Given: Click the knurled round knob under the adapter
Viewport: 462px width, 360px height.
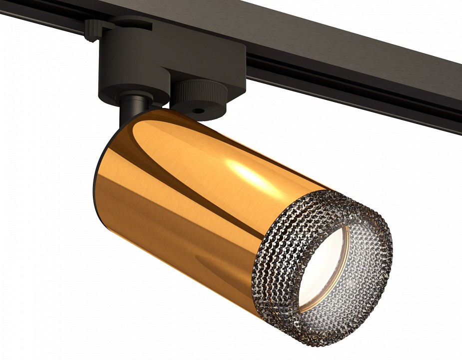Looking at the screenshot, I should (x=199, y=92).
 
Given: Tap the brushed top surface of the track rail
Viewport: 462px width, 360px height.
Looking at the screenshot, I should (x=325, y=30).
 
